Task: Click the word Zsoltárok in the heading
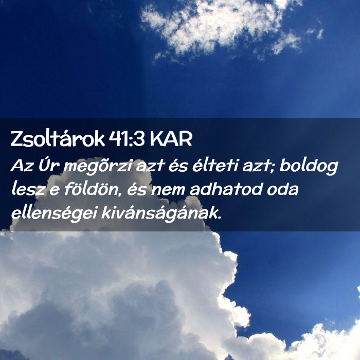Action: (58, 138)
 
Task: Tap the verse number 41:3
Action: (126, 139)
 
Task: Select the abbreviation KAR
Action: (171, 139)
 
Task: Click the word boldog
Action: (309, 166)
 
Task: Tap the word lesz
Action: (28, 189)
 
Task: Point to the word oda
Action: (283, 189)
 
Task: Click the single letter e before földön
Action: (55, 190)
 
